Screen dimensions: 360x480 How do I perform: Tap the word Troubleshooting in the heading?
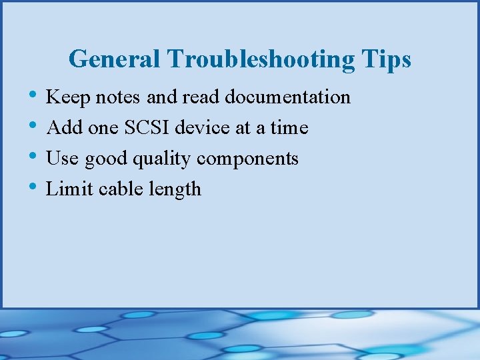point(261,59)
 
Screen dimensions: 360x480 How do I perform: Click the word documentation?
point(287,97)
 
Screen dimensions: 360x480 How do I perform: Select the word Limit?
point(70,189)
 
